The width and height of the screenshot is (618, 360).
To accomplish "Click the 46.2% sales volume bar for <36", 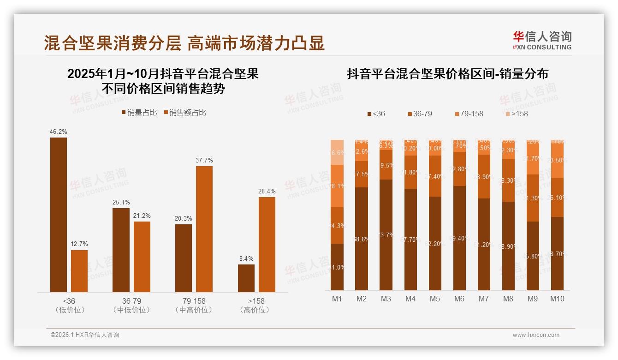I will pyautogui.click(x=59, y=215).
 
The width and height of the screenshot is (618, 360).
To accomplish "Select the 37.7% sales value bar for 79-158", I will pyautogui.click(x=204, y=229).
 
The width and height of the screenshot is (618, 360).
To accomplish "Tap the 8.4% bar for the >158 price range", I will pyautogui.click(x=246, y=278).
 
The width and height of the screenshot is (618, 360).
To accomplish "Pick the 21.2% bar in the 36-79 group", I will pyautogui.click(x=142, y=257).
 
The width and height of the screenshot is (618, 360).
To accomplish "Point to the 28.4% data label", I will pyautogui.click(x=267, y=191).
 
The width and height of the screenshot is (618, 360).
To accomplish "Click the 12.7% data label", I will pyautogui.click(x=79, y=244).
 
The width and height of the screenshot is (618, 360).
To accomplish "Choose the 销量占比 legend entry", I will pyautogui.click(x=139, y=113).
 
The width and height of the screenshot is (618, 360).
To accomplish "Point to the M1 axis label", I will pyautogui.click(x=337, y=299).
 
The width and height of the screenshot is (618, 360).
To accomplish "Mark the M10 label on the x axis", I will pyautogui.click(x=557, y=299).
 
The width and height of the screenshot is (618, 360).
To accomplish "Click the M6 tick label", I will pyautogui.click(x=459, y=299).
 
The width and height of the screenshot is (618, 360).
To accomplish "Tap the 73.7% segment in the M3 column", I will pyautogui.click(x=386, y=235).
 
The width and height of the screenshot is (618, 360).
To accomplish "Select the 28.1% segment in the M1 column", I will pyautogui.click(x=337, y=186).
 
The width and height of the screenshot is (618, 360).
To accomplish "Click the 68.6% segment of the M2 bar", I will pyautogui.click(x=362, y=239).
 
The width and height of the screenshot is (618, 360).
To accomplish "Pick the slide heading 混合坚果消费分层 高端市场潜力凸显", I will pyautogui.click(x=184, y=43).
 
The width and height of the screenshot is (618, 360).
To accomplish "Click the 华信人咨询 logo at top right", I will pyautogui.click(x=542, y=40).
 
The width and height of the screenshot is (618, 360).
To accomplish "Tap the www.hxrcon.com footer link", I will pyautogui.click(x=536, y=335).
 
